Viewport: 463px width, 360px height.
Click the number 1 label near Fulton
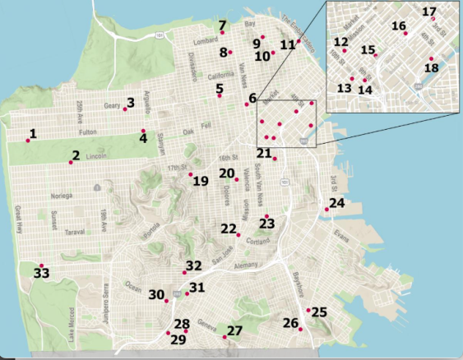[33, 133]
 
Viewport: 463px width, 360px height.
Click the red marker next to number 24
[326, 210]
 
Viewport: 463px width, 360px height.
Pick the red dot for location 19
[191, 174]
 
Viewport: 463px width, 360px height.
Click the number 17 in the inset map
[428, 12]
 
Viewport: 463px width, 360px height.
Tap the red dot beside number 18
[431, 58]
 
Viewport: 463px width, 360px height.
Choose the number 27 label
[235, 330]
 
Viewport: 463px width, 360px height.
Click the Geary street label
[112, 105]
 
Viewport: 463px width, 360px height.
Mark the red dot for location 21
[275, 159]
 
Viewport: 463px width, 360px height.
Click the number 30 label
[156, 294]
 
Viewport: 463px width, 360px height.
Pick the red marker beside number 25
[308, 310]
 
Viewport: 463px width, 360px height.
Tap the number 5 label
[220, 88]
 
